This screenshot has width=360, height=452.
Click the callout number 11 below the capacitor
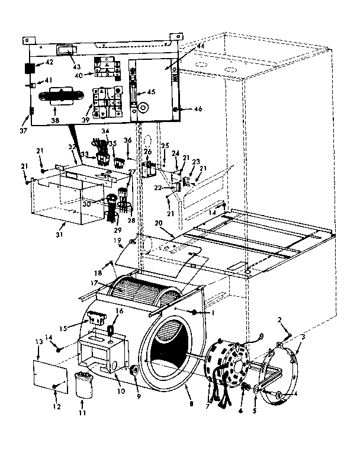[x=82, y=411]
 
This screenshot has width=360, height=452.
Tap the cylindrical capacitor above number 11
[x=82, y=384]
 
